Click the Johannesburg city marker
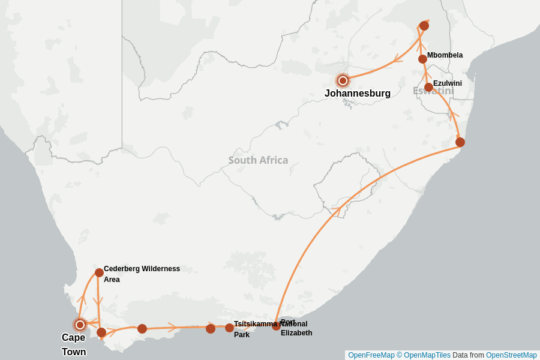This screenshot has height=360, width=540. click(343, 80)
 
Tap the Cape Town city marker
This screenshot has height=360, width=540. click(80, 325)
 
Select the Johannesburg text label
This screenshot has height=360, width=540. click(358, 94)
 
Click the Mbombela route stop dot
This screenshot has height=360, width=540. click(422, 59)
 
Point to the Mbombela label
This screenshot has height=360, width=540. click(445, 55)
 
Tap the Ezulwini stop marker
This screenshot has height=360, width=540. click(428, 88)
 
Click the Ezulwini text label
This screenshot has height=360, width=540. click(447, 83)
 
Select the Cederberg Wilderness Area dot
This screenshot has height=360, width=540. click(99, 272)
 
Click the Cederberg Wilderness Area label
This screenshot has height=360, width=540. click(142, 274)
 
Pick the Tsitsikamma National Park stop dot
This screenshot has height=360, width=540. click(229, 328)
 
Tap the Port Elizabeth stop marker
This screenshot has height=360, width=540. click(276, 326)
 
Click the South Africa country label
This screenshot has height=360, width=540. click(258, 160)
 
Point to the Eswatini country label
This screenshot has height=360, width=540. click(433, 91)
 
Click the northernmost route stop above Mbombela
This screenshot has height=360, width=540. click(424, 26)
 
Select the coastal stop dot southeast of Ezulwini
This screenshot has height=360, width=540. click(460, 142)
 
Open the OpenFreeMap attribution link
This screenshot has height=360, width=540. click(371, 355)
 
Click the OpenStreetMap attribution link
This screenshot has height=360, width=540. click(511, 355)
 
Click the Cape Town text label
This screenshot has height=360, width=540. click(74, 344)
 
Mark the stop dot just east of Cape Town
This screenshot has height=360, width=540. click(101, 332)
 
